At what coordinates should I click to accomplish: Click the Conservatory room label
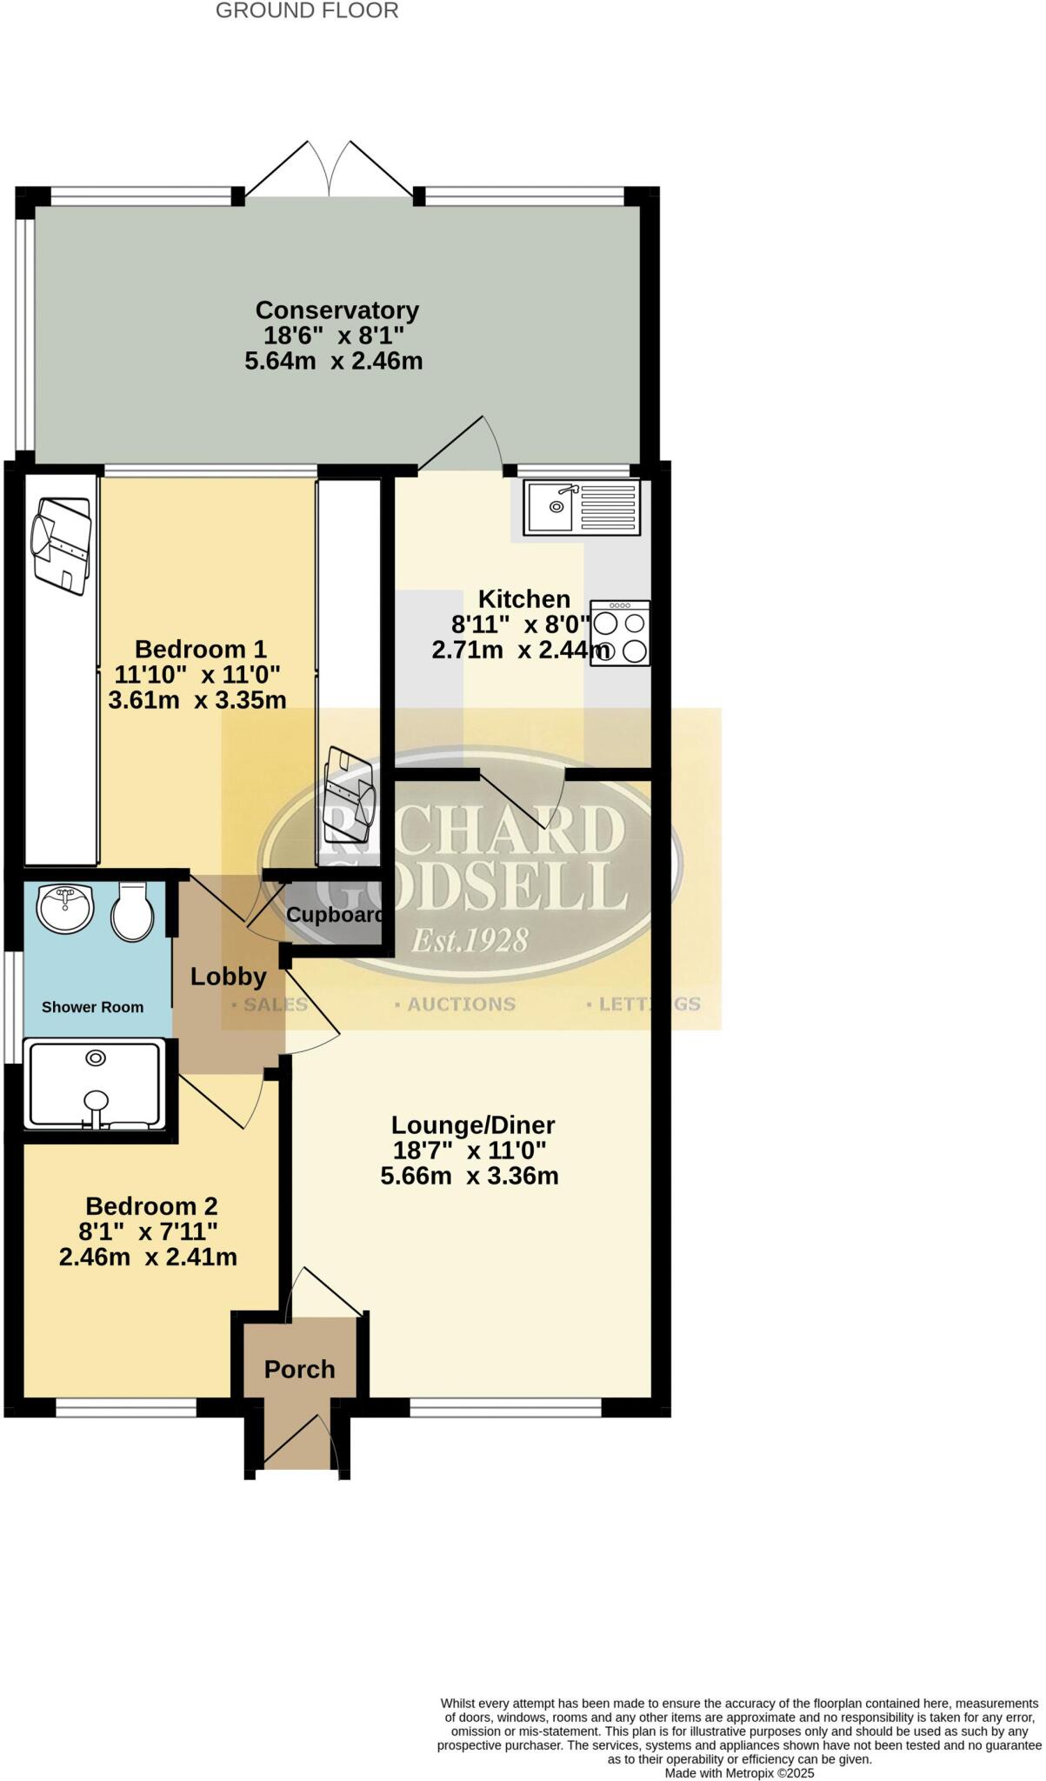(336, 310)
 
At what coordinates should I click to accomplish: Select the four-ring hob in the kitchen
(620, 634)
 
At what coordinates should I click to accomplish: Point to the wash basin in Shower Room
(64, 907)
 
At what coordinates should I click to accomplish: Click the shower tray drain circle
(96, 1057)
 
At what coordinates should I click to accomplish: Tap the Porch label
(299, 1370)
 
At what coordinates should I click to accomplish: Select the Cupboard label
(335, 915)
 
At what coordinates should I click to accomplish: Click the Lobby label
(228, 977)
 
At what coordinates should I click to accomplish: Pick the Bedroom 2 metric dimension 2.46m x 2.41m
(148, 1257)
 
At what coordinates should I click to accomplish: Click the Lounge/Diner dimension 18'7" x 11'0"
(470, 1151)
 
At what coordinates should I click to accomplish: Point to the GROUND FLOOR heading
(307, 11)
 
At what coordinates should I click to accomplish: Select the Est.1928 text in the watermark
(470, 940)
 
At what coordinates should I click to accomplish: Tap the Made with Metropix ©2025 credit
(739, 1772)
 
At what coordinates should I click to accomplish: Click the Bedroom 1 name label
(200, 650)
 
